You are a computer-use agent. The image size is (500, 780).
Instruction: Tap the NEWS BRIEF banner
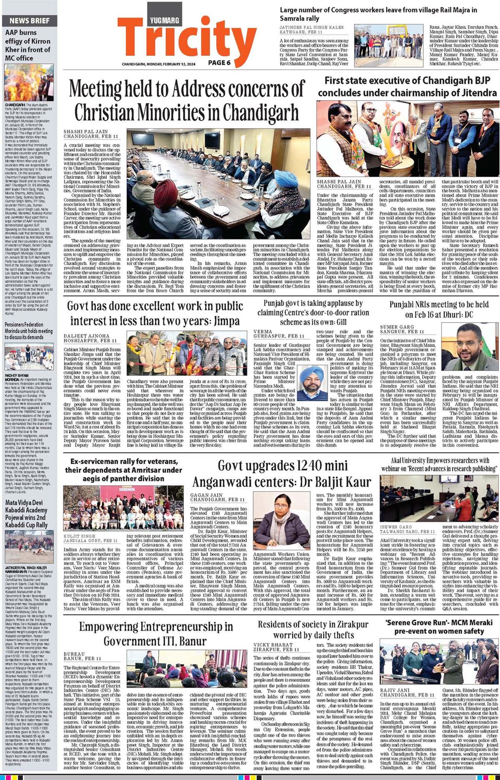(30, 20)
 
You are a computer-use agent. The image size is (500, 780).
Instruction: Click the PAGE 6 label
(219, 62)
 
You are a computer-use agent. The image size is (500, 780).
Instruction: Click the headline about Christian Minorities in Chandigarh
(187, 100)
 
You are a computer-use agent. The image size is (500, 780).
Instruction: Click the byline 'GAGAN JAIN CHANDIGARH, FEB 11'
(218, 497)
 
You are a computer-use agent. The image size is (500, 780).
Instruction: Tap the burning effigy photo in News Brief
(29, 82)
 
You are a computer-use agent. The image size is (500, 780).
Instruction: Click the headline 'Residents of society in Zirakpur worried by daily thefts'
(313, 629)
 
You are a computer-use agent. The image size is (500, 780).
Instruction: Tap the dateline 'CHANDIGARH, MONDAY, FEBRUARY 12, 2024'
(158, 65)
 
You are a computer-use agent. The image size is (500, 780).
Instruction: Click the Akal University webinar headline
(439, 464)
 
